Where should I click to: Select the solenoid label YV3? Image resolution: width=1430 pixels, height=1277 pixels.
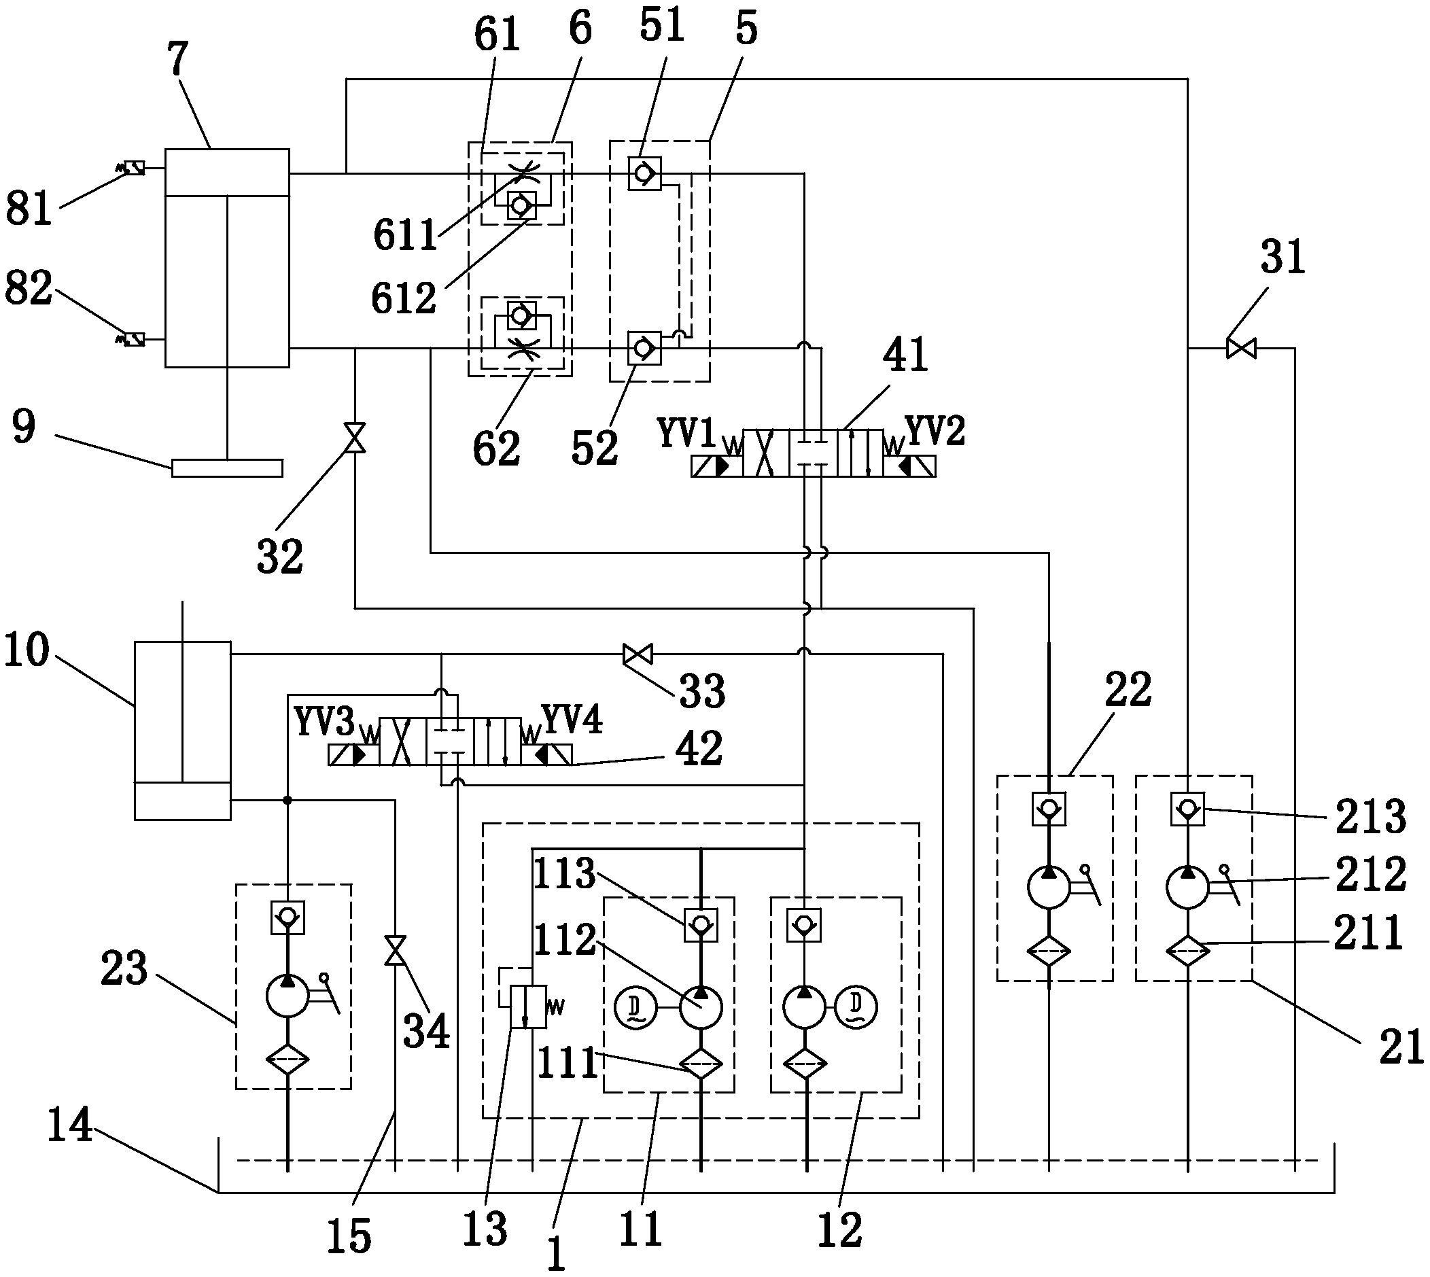click(324, 722)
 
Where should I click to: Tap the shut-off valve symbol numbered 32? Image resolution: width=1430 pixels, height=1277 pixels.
click(355, 438)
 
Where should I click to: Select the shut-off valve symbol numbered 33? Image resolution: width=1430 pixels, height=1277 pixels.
click(638, 654)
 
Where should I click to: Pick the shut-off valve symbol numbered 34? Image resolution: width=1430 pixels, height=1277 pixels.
click(395, 951)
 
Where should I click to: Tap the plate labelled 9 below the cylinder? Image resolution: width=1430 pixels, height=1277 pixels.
click(227, 468)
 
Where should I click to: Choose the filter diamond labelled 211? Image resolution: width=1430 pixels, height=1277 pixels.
click(1187, 952)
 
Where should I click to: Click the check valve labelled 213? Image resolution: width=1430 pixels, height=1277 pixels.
click(1187, 809)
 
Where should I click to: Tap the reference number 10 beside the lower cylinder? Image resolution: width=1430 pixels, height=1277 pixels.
click(27, 650)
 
